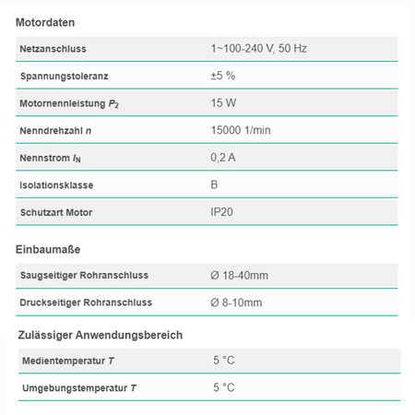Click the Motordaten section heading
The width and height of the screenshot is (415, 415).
(46, 21)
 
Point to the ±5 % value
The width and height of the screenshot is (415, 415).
(223, 76)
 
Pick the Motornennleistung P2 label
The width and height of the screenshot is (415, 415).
(70, 103)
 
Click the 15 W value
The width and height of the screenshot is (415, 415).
(222, 103)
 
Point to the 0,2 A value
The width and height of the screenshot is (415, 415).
(223, 158)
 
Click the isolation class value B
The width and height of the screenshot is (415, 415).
(215, 184)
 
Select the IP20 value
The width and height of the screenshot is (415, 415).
(222, 212)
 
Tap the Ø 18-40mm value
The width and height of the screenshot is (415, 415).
(240, 275)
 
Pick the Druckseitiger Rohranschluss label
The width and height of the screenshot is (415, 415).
(86, 302)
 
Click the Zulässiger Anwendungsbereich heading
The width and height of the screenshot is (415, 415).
(100, 335)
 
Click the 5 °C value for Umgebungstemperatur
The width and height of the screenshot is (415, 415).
(224, 387)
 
